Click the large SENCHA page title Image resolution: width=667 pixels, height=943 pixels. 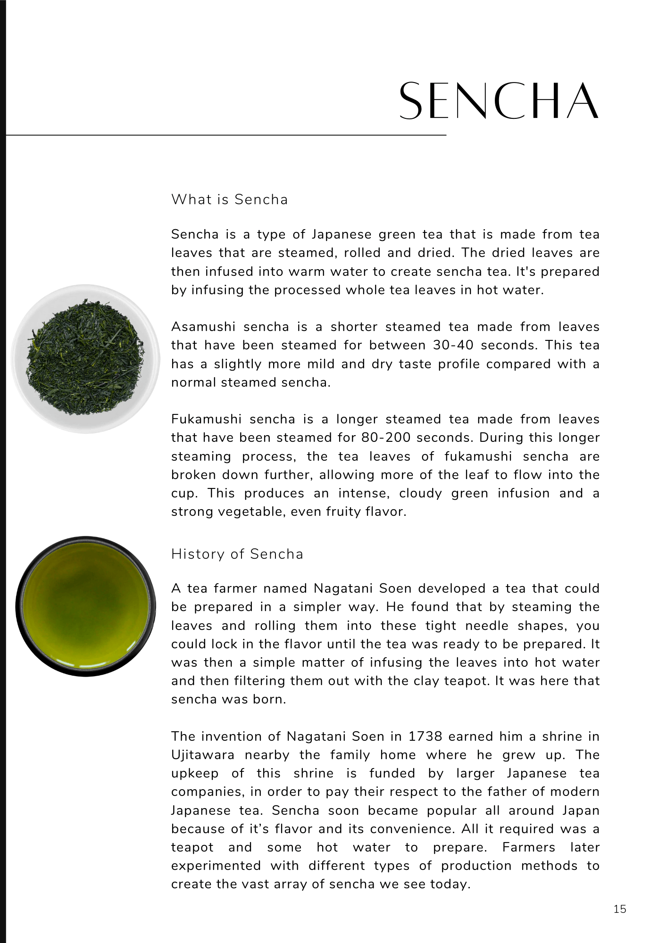pos(499,101)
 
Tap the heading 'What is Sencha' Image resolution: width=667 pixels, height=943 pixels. pos(229,199)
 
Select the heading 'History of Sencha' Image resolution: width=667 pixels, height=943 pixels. pos(237,554)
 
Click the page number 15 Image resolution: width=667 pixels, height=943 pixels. pos(620,909)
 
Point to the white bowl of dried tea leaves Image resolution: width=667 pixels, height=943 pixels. pos(85,358)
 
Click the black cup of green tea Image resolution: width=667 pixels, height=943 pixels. pos(85,606)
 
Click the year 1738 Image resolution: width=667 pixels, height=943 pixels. pos(425,736)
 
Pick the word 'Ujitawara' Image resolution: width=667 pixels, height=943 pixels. pos(203,755)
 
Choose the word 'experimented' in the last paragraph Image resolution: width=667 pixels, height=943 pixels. pos(216,866)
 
